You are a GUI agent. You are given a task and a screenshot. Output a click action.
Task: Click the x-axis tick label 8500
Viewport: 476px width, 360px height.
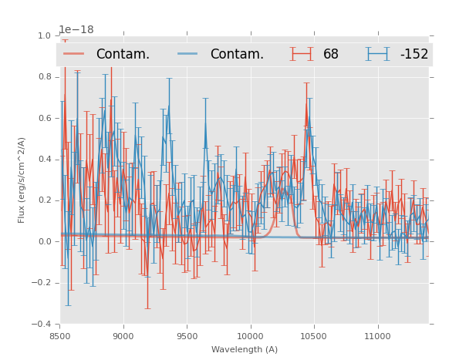60,336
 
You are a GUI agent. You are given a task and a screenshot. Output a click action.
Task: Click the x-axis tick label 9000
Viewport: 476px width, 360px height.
123,336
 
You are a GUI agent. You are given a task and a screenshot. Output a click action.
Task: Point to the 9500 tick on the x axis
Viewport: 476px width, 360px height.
187,336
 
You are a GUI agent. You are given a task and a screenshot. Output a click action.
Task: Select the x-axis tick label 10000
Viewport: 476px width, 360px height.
250,336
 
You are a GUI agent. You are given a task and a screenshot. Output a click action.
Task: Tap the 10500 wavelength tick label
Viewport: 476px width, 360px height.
314,336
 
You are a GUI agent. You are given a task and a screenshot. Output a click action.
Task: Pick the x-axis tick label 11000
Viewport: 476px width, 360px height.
377,336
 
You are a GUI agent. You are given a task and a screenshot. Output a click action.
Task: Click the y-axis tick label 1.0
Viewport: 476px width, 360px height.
44,35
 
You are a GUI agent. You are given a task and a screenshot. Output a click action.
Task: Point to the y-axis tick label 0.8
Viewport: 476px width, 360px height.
44,77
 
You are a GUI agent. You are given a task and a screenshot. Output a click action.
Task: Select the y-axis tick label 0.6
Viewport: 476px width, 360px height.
44,118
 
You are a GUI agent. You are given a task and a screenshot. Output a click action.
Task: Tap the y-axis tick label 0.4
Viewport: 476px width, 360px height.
44,160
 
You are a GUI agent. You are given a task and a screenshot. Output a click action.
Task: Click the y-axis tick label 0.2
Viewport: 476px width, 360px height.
44,200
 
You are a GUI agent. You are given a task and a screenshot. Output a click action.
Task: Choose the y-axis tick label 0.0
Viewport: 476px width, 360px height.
44,242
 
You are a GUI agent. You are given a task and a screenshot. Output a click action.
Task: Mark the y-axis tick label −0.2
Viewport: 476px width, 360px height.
42,283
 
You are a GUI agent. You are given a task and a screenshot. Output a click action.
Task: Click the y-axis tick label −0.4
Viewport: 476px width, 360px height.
42,325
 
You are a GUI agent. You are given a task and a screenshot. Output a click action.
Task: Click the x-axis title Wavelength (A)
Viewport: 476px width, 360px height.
245,350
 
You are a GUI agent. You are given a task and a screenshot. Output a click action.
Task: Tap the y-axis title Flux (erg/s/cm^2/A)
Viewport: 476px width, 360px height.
22,180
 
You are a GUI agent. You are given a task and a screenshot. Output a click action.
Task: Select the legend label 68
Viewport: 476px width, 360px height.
331,55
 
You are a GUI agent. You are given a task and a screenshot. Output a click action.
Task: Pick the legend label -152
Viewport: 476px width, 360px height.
414,55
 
